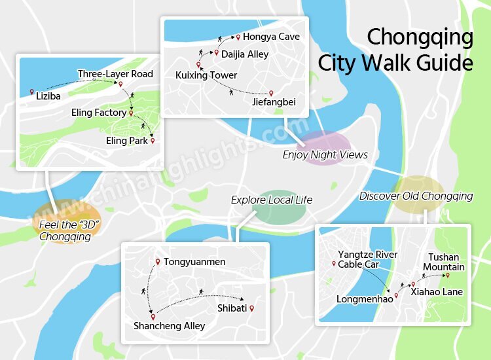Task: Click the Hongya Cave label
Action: click(271, 37)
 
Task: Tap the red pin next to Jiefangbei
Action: click(271, 94)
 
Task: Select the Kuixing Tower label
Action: click(206, 76)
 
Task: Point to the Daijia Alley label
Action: click(244, 54)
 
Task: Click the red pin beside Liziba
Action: click(31, 92)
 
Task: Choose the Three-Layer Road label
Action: click(115, 74)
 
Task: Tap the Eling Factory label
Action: click(99, 113)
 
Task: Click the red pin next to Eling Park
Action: click(153, 140)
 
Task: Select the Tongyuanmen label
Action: click(194, 262)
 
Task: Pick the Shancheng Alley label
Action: click(169, 326)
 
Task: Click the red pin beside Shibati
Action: click(251, 308)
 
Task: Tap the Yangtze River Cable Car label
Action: click(367, 259)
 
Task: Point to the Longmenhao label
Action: click(365, 299)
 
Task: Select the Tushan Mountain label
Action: click(443, 262)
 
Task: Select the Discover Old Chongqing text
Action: click(416, 196)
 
